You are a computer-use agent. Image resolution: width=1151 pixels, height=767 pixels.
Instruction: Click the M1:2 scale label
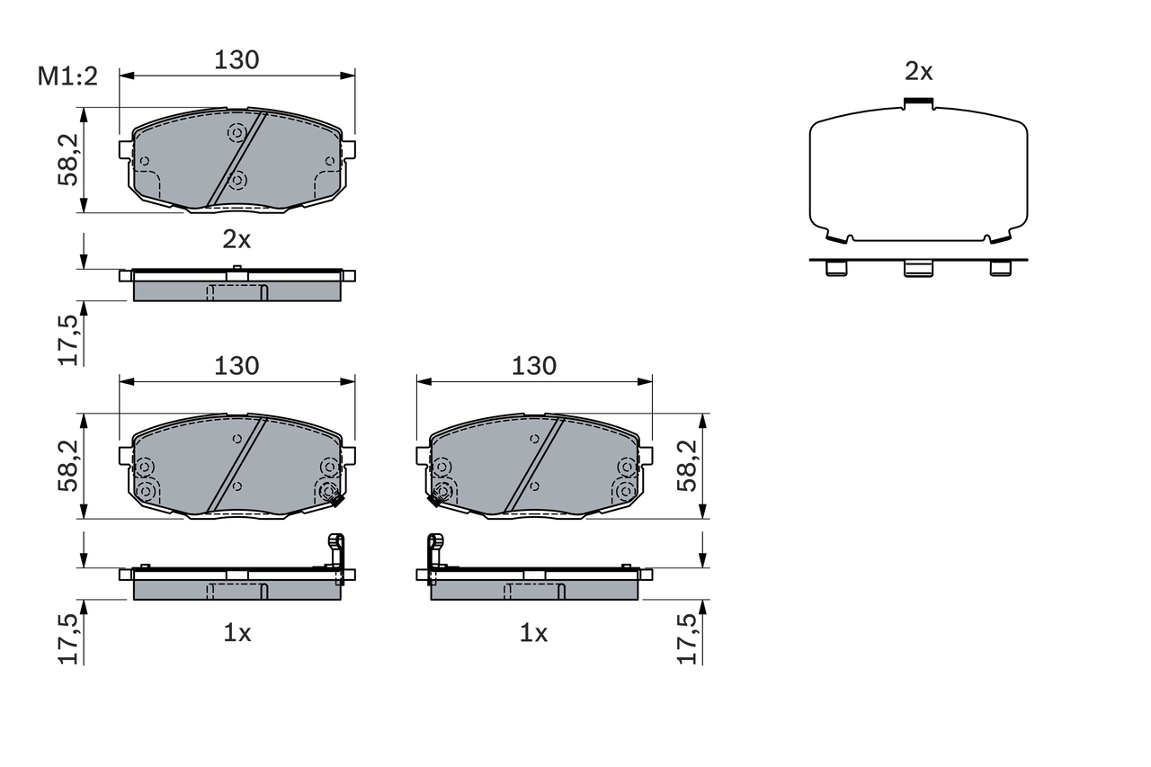pyautogui.click(x=67, y=76)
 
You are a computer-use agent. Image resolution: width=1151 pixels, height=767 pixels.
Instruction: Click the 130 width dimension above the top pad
pyautogui.click(x=236, y=59)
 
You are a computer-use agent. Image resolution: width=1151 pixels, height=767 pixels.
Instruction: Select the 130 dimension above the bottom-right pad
pyautogui.click(x=534, y=366)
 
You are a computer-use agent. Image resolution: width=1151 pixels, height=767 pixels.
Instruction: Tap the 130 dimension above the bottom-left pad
pyautogui.click(x=236, y=366)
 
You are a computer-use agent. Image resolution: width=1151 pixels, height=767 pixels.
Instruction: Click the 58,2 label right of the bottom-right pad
pyautogui.click(x=687, y=466)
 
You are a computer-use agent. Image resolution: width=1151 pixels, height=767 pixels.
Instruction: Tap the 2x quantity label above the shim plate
pyautogui.click(x=918, y=71)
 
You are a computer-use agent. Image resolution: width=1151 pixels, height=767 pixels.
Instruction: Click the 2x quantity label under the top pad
pyautogui.click(x=236, y=238)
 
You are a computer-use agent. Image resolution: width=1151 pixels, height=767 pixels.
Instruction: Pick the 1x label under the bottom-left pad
pyautogui.click(x=236, y=633)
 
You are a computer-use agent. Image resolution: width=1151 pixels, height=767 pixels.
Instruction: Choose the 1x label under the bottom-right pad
pyautogui.click(x=533, y=633)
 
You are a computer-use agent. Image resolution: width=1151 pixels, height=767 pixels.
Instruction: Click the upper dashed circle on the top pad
pyautogui.click(x=236, y=133)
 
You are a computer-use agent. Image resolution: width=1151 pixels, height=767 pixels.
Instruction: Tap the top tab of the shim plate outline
pyautogui.click(x=918, y=103)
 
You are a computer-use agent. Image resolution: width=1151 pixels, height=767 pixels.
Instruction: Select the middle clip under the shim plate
pyautogui.click(x=918, y=268)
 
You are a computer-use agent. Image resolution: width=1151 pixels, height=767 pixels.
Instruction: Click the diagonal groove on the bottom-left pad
pyautogui.click(x=237, y=465)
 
